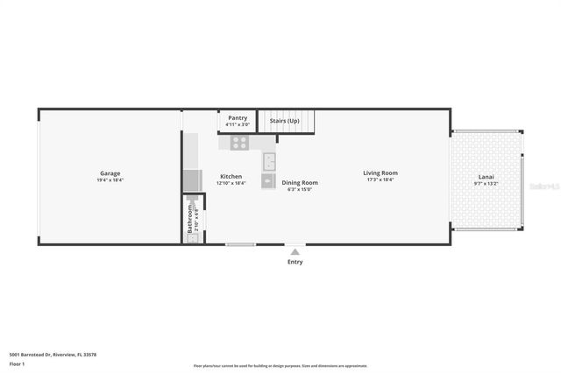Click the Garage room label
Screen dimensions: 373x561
click(110, 173)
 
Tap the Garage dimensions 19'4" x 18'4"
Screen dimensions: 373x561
click(110, 180)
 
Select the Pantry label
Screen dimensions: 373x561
click(237, 117)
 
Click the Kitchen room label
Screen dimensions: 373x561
click(231, 176)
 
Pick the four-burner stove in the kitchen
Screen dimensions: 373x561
click(239, 144)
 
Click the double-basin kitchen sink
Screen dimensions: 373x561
click(269, 162)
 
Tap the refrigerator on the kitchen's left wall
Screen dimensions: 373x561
click(192, 180)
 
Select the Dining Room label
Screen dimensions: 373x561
click(299, 182)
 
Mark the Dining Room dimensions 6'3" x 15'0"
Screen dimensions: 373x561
click(299, 189)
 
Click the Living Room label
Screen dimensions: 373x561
click(380, 172)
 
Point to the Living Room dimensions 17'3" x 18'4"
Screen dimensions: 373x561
click(380, 179)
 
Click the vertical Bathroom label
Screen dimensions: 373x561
click(189, 220)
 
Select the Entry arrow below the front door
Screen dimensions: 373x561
click(295, 252)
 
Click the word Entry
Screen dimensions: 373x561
click(295, 262)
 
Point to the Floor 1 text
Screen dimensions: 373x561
click(17, 363)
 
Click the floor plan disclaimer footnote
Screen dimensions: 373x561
click(280, 366)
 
